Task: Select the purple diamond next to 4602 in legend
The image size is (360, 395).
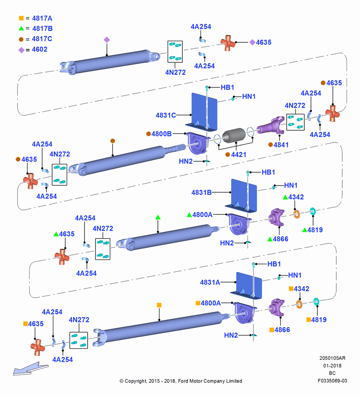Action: point(21,50)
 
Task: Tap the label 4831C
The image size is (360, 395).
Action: point(166,115)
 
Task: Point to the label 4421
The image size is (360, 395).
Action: point(239,154)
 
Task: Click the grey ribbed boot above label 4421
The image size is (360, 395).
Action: point(234,135)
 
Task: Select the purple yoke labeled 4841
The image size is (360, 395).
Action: point(271,125)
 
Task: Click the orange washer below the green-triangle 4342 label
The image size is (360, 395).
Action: point(297,214)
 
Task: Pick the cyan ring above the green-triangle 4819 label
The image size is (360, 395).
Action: point(313,212)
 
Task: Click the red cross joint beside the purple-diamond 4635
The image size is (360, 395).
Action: point(228,43)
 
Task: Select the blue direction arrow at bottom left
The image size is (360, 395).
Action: point(30,369)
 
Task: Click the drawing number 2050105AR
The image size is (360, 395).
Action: point(332,358)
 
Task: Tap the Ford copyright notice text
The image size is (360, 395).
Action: point(181,381)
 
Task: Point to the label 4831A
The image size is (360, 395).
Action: point(210,282)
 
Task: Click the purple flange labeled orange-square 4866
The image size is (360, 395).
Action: point(277,308)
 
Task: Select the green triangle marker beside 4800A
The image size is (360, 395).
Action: point(189,214)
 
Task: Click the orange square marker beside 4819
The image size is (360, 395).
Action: point(308,320)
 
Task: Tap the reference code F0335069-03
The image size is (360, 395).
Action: point(332,381)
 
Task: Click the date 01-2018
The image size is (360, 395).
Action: point(332,365)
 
